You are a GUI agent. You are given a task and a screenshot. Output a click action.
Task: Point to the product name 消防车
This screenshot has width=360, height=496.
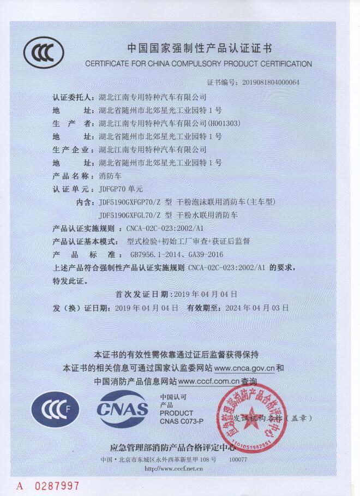coord(112,176)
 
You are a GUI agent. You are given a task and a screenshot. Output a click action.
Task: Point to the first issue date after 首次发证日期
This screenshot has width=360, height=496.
coord(207,294)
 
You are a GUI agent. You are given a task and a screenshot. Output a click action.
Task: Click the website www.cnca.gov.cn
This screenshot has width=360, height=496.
coord(241,368)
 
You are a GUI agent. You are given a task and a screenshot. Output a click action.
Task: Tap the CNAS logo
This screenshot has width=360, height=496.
coord(123,410)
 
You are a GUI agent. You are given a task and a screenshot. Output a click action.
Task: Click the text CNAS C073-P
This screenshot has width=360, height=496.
coord(181,421)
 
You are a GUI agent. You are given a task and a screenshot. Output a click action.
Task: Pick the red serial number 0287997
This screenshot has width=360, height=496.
coord(57,485)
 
